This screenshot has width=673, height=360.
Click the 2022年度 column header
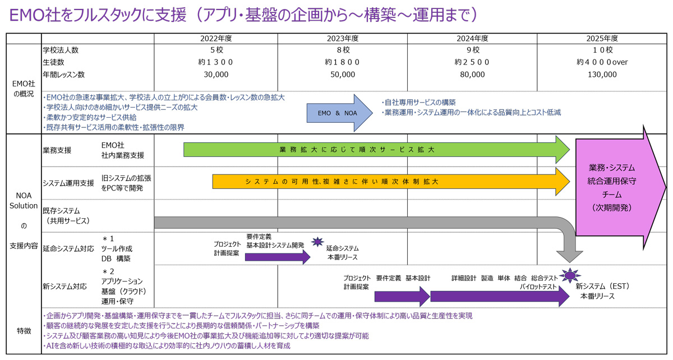(216, 39)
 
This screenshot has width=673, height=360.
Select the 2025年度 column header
(602, 39)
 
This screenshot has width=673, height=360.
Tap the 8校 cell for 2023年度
(343, 50)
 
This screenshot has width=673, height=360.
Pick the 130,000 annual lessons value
(602, 74)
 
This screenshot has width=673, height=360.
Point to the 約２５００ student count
(472, 62)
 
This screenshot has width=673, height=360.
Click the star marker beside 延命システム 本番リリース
(317, 242)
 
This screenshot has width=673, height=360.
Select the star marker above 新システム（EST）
(570, 275)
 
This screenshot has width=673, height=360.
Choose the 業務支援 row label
(57, 150)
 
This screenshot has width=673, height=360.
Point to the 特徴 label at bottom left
(23, 331)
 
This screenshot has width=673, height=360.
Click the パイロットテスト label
(538, 287)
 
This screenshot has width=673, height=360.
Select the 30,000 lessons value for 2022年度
(216, 74)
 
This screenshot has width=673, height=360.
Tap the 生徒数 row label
(53, 62)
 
